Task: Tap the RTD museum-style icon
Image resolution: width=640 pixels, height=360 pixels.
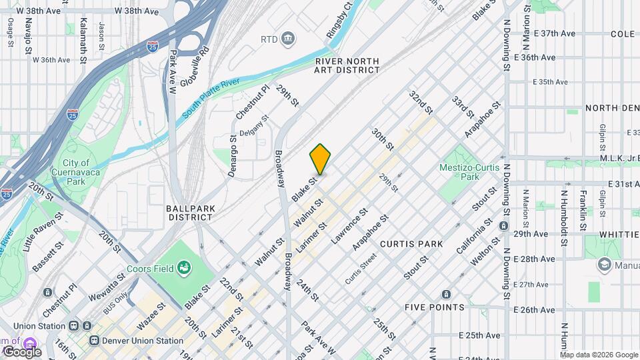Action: (288, 38)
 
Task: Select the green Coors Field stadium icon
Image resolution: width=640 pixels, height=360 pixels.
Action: (184, 268)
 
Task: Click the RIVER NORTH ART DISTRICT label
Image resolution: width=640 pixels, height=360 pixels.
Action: (347, 65)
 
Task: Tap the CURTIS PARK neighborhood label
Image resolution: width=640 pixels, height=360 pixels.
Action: (411, 244)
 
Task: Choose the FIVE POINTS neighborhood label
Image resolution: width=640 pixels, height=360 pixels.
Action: (434, 307)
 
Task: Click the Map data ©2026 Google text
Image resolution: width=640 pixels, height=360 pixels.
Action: (599, 354)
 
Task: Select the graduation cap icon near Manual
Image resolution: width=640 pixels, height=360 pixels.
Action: (604, 265)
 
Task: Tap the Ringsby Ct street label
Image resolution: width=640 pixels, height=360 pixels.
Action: (339, 21)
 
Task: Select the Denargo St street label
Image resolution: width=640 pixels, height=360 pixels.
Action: (233, 157)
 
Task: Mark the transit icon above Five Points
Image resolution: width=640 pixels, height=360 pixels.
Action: (445, 294)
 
